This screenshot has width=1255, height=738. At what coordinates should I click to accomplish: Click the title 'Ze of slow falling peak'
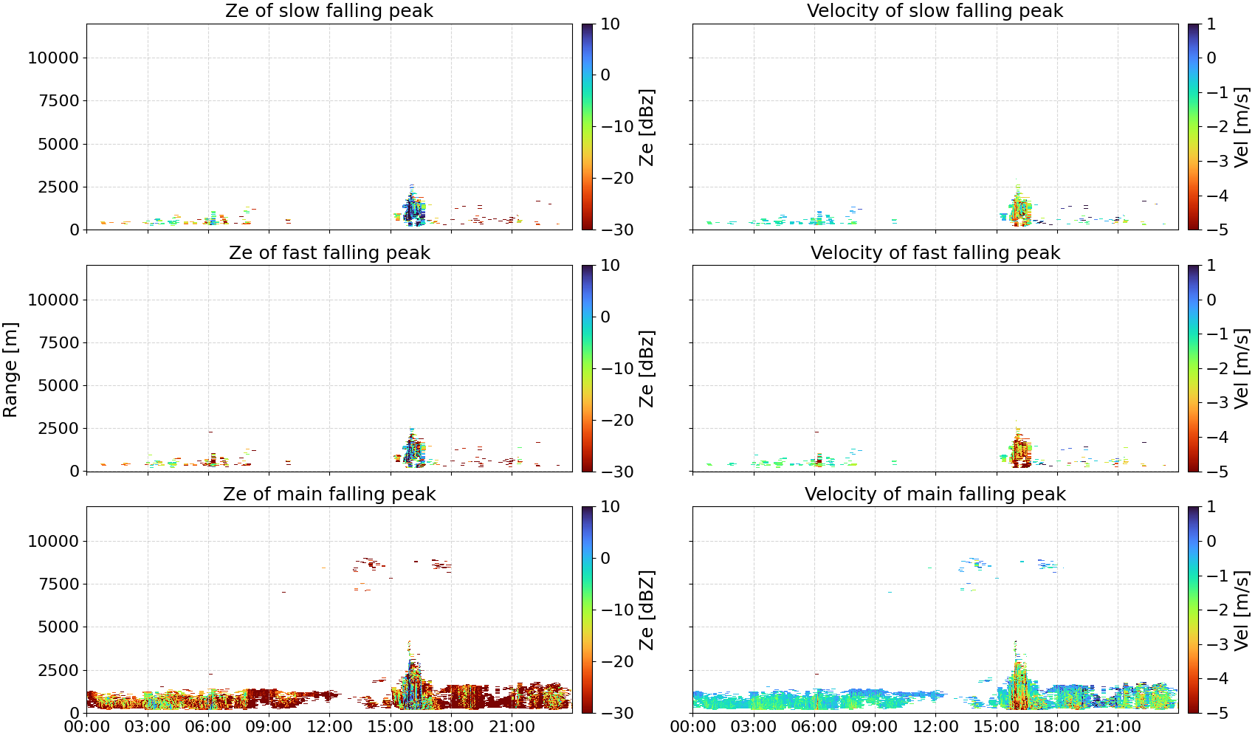pos(329,11)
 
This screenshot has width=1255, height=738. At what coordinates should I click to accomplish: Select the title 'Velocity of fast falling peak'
pos(935,253)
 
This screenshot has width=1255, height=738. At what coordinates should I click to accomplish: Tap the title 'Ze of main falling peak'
pos(329,494)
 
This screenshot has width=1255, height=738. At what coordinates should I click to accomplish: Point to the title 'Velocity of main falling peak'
pos(935,494)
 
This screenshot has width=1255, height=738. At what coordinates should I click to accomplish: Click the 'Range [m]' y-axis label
pos(10,370)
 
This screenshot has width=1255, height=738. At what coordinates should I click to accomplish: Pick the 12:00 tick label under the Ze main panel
pos(329,727)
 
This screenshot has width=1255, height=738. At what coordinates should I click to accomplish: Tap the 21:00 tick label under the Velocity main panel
pos(1118,727)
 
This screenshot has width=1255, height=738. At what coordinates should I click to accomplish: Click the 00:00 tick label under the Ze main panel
pos(87,727)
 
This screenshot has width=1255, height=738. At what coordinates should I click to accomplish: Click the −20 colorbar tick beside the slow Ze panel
pos(617,179)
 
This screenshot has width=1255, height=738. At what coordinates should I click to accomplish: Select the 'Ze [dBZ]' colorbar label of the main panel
pos(647,610)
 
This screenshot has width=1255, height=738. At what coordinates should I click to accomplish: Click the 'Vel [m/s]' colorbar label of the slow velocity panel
pos(1242,127)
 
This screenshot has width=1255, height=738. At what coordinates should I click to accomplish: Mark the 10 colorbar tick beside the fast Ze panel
pos(610,266)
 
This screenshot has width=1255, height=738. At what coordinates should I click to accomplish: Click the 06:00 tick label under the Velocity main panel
pos(814,727)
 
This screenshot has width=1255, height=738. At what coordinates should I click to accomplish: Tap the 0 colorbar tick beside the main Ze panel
pos(605,558)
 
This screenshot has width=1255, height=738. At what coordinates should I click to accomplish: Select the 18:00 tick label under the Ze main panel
pos(451,727)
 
